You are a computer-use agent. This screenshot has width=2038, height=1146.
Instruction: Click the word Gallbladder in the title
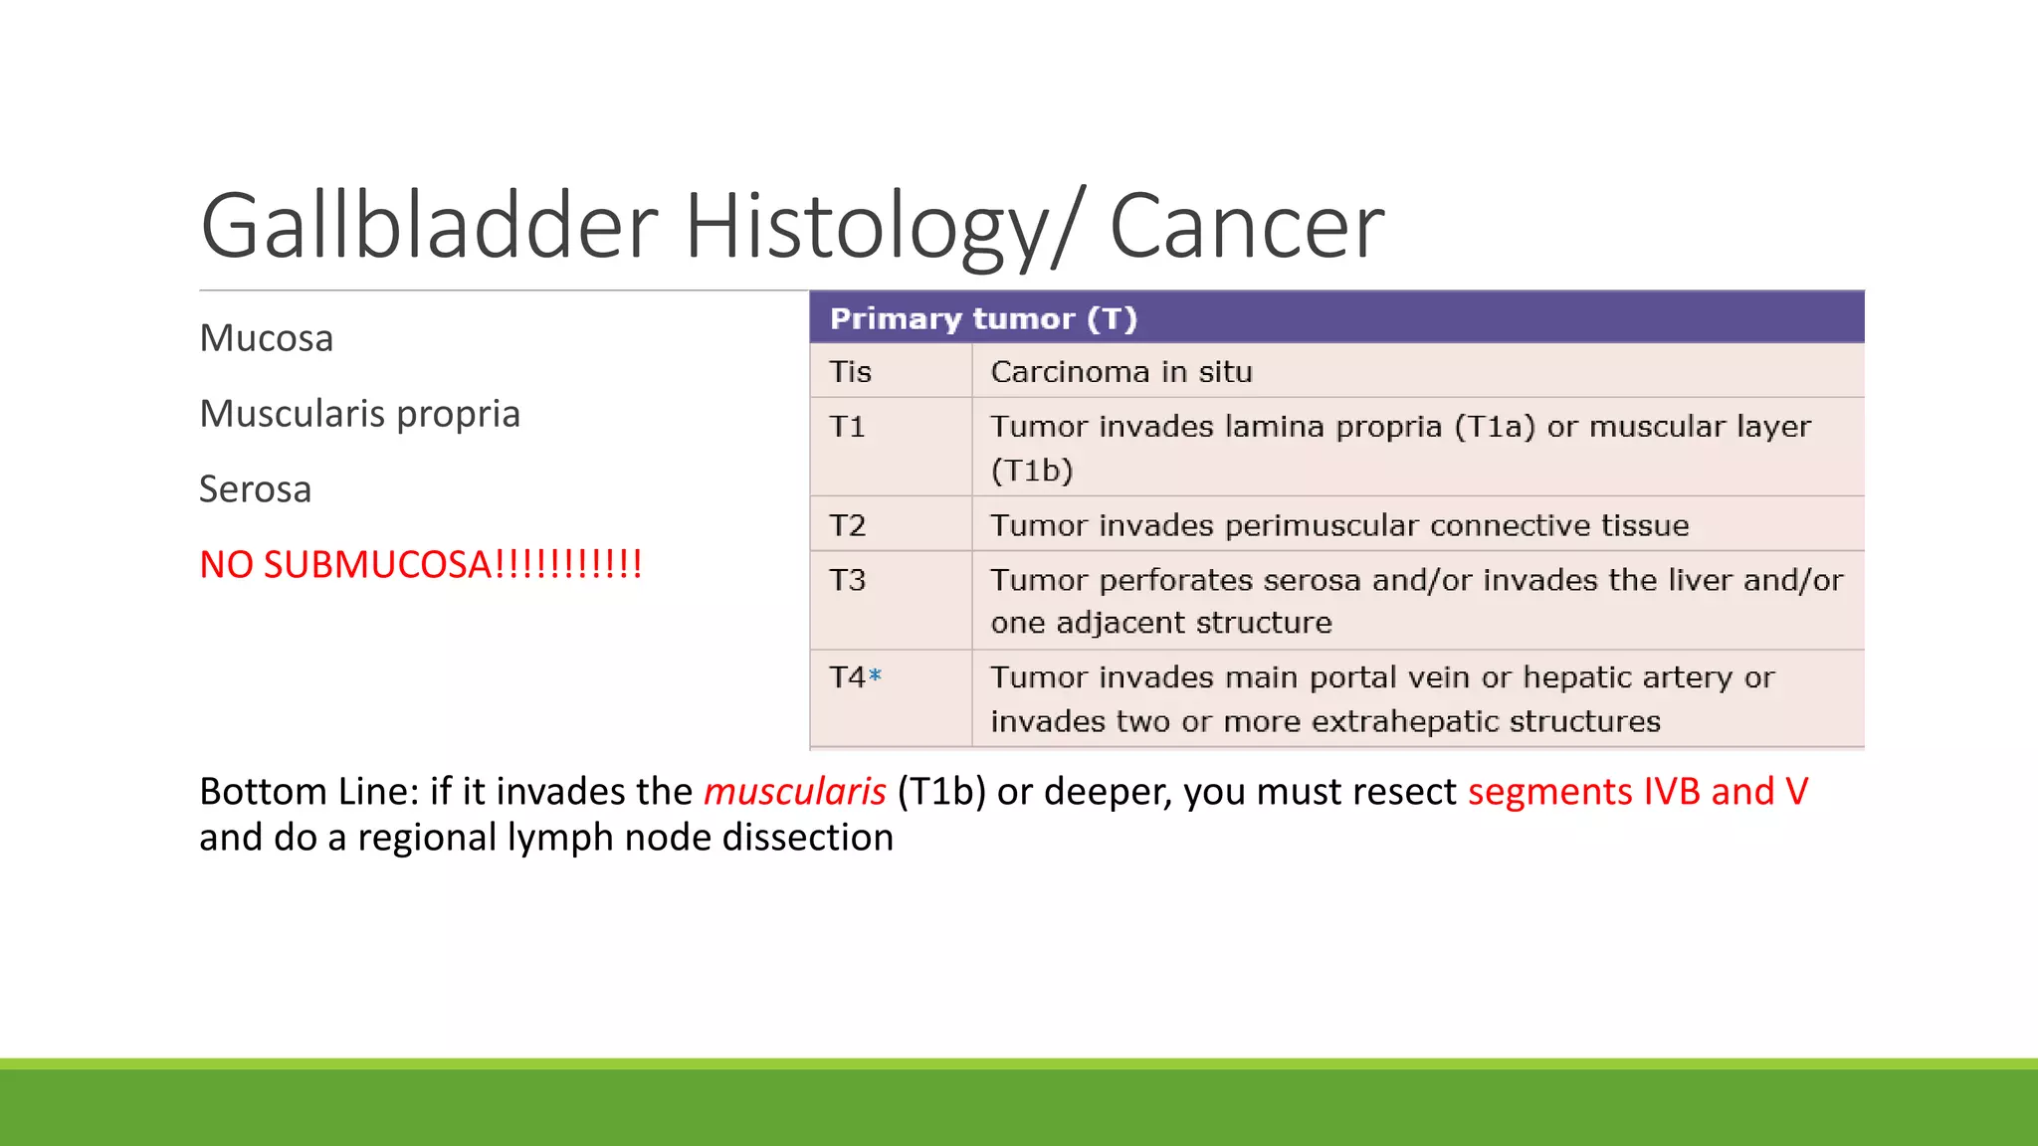[x=429, y=227]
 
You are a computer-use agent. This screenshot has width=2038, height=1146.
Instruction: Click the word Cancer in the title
[x=1246, y=227]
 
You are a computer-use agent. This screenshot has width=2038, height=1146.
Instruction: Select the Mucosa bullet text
[x=266, y=338]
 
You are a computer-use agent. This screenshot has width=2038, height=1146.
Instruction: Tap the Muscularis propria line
[x=359, y=414]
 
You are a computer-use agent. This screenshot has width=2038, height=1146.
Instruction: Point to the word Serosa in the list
[x=255, y=489]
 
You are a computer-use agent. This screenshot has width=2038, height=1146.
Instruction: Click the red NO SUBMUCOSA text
[x=420, y=565]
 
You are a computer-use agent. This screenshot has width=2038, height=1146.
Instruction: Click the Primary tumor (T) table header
[x=982, y=318]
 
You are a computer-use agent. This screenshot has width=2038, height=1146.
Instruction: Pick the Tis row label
[x=850, y=372]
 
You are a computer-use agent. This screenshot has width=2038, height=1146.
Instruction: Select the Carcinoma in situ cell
[x=1121, y=372]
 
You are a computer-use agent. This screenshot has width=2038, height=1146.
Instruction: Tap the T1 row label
[x=847, y=427]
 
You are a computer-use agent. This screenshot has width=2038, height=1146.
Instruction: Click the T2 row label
[x=847, y=525]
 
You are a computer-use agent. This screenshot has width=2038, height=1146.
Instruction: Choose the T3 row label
[x=847, y=580]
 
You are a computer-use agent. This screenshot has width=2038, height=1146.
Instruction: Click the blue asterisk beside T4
[x=875, y=675]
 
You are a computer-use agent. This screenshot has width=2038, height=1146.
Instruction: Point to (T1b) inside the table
[x=1031, y=471]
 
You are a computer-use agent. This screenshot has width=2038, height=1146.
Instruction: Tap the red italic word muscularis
[x=794, y=792]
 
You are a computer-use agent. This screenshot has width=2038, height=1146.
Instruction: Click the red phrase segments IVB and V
[x=1637, y=792]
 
